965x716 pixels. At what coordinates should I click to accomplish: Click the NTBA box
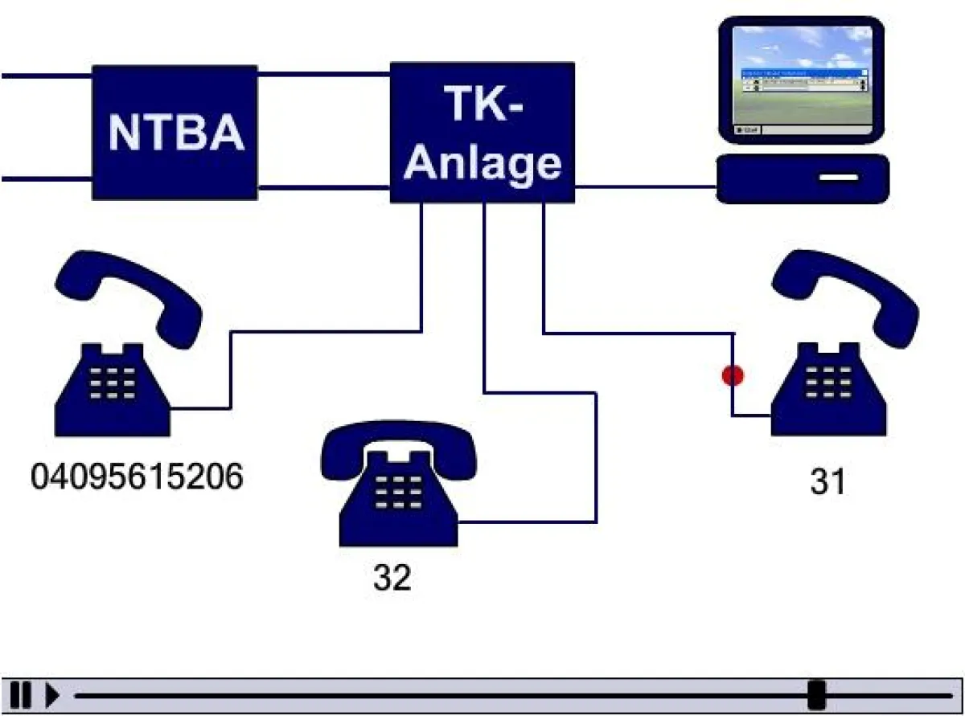tap(175, 133)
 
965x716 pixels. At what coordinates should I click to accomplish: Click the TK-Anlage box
tap(482, 133)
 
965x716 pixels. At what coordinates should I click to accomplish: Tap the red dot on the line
tap(732, 375)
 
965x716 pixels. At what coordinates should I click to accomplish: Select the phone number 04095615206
tap(137, 477)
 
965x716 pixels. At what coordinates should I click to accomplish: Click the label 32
tap(392, 578)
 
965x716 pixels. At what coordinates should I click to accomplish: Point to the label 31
tap(827, 482)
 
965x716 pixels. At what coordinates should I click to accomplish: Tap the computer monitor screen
tap(803, 78)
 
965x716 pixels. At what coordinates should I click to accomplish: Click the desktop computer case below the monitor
tap(803, 178)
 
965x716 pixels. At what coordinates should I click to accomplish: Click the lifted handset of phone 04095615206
tap(129, 294)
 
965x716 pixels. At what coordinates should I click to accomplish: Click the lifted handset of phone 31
tap(844, 293)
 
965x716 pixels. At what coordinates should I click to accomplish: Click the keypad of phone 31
tap(828, 381)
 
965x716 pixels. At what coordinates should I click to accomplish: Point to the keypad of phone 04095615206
tap(113, 384)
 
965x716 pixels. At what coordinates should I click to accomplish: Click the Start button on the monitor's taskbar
tap(747, 129)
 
